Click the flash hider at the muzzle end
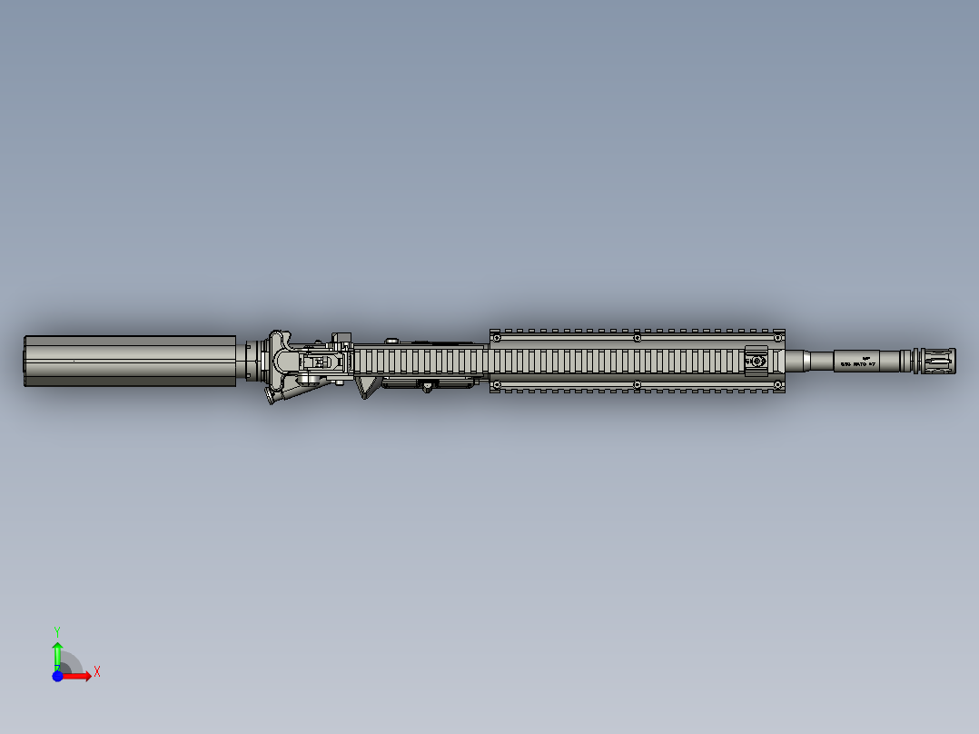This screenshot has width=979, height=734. (x=935, y=361)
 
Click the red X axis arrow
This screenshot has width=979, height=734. (x=78, y=676)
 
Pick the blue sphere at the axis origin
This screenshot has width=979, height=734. (x=57, y=676)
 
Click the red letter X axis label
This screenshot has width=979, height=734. (x=96, y=672)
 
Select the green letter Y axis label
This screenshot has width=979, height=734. (x=57, y=630)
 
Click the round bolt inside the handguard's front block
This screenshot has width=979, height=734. (x=756, y=362)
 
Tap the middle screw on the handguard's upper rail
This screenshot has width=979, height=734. (x=637, y=337)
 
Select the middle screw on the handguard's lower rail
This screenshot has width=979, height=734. (x=637, y=385)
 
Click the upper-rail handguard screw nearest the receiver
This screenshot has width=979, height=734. (x=497, y=337)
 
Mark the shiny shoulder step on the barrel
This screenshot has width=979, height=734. (x=806, y=361)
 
